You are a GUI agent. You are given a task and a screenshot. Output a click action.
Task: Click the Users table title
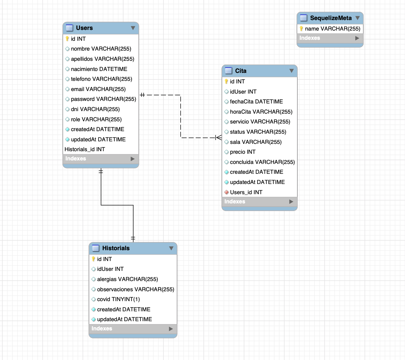pos(84,28)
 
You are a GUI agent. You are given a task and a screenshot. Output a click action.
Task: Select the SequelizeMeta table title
pos(331,18)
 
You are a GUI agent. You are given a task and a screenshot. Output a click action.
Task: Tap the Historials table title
pos(116,248)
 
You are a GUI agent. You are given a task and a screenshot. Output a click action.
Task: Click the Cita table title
pos(241,71)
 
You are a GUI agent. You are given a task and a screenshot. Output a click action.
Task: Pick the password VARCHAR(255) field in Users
pos(103,99)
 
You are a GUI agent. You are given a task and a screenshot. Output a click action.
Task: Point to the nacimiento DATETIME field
pos(99,69)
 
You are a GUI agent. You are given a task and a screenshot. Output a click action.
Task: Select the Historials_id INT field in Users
pos(85,149)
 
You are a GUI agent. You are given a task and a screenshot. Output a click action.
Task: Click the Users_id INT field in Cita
pos(246,192)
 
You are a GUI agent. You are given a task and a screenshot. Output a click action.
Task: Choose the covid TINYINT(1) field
pos(118,299)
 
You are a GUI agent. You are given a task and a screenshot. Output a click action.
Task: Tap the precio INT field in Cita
pos(242,152)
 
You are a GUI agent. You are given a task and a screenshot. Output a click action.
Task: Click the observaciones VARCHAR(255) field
pos(135,289)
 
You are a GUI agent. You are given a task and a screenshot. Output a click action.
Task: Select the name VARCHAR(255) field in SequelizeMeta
pos(332,29)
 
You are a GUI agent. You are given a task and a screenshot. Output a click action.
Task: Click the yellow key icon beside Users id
pos(67,39)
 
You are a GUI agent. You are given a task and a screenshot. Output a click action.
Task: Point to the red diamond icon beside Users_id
pos(226,192)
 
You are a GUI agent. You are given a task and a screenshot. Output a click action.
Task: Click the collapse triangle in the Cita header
pos(292,71)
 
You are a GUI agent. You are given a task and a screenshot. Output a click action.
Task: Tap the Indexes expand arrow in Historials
pos(171,329)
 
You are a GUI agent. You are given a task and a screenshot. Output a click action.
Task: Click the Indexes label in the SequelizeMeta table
pos(309,38)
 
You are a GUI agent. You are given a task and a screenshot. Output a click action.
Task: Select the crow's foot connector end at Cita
pos(218,138)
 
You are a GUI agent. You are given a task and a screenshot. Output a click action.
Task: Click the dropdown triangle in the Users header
pos(133,28)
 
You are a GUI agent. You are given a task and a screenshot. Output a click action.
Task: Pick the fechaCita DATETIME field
pos(256,102)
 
